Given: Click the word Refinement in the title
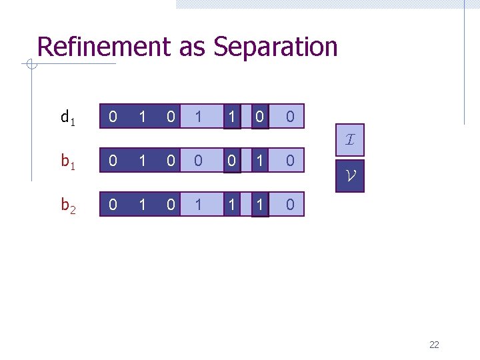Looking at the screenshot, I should click(x=104, y=47).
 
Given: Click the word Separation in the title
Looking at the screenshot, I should click(x=276, y=47).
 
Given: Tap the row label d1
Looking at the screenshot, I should click(x=67, y=117).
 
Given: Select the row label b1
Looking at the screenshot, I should click(x=67, y=161).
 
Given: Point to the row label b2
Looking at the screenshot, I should click(x=67, y=205).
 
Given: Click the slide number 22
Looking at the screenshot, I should click(x=434, y=345).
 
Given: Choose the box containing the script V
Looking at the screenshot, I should click(x=349, y=177).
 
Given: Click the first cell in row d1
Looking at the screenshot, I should click(x=113, y=117).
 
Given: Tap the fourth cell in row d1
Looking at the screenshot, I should click(x=198, y=117).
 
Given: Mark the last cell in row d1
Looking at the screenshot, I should click(x=289, y=117).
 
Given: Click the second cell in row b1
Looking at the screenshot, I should click(x=141, y=161).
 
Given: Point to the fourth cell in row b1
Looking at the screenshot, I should click(x=198, y=161).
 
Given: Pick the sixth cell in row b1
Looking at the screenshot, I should click(x=260, y=161).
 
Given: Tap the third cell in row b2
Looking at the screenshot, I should click(x=170, y=204).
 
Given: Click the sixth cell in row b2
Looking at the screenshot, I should click(x=260, y=204).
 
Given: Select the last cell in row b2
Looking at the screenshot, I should click(x=289, y=204).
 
